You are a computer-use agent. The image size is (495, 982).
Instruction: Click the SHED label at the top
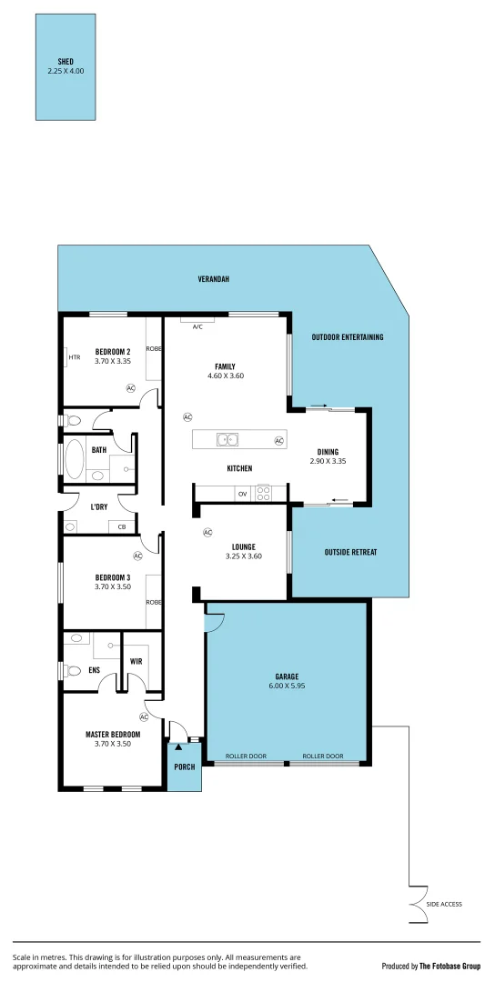(x=65, y=61)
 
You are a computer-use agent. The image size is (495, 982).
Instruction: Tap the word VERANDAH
(x=213, y=279)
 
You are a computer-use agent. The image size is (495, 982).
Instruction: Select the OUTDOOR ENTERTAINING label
(x=348, y=337)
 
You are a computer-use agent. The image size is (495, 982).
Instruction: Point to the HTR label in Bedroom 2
(x=75, y=357)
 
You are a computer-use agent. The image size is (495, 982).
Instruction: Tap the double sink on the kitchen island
(x=227, y=440)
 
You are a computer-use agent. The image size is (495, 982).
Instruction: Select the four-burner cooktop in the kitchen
(x=264, y=494)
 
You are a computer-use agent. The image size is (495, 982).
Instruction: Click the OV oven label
(x=242, y=494)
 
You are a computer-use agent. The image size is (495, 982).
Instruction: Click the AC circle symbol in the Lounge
(x=207, y=533)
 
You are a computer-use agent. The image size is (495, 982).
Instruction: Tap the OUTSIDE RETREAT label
(x=350, y=552)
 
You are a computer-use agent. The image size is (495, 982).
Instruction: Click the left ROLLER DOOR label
(x=246, y=756)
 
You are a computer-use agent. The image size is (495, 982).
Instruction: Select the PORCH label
(x=185, y=767)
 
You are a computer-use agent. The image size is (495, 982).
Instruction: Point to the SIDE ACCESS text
(x=445, y=904)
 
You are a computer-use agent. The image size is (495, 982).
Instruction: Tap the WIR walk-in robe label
(x=136, y=661)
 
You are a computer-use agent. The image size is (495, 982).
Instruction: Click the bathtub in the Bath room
(x=74, y=460)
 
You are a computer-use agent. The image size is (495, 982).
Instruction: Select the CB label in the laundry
(x=121, y=526)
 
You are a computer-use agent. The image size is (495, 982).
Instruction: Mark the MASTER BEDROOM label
(x=113, y=734)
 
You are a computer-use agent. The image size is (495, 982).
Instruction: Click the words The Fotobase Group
(x=450, y=966)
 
